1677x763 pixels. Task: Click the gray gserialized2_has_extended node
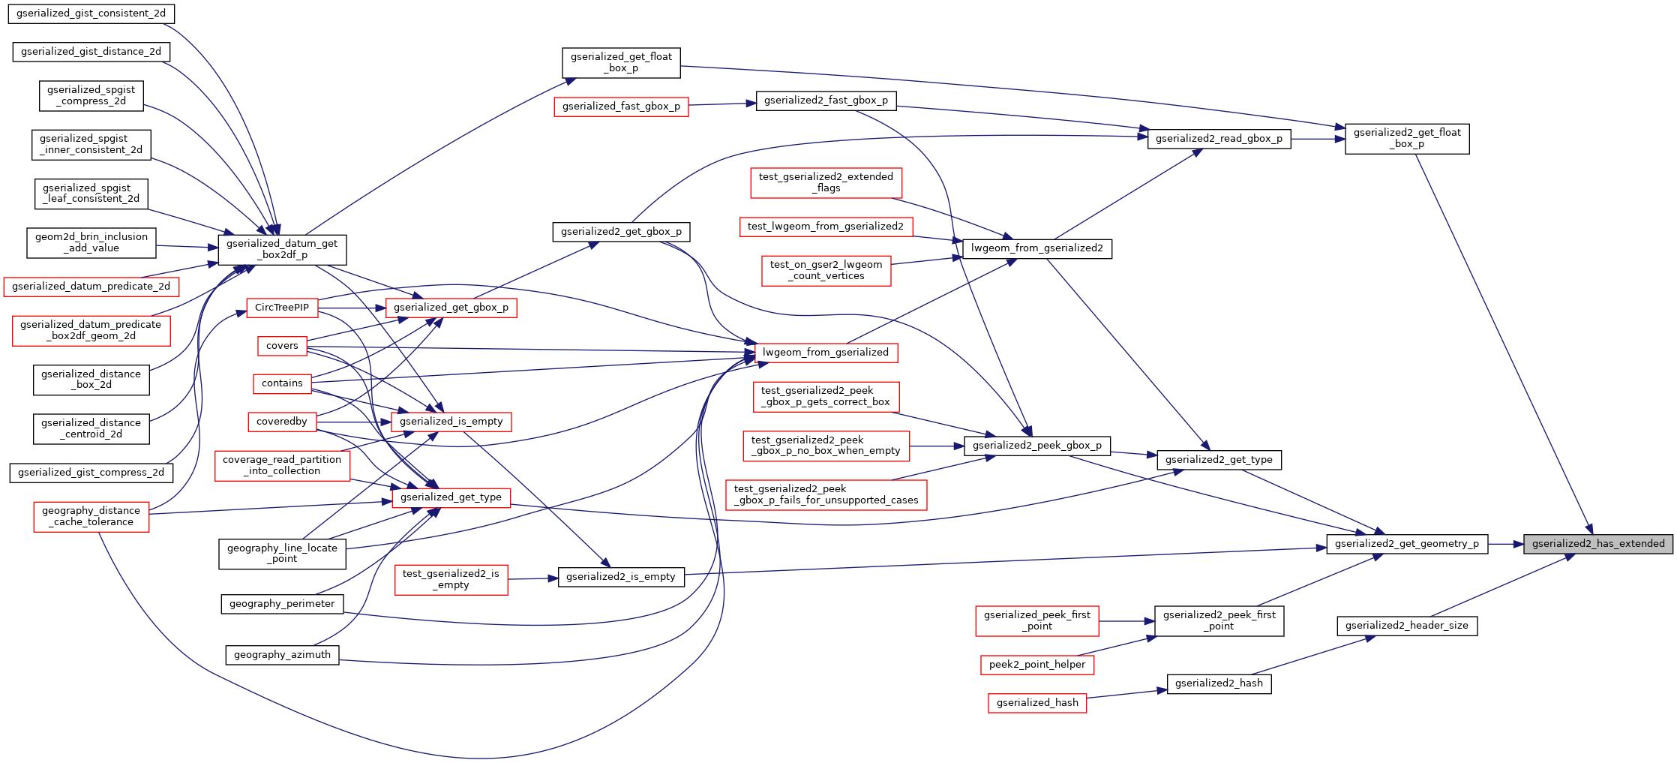(x=1597, y=544)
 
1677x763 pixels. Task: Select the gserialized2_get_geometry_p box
(x=1406, y=544)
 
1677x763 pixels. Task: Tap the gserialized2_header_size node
(x=1406, y=626)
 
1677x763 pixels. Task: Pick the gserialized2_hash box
(x=1219, y=683)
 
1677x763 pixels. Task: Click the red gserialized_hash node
(x=1036, y=703)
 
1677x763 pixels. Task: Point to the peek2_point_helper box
(x=1036, y=665)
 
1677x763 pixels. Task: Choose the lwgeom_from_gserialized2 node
(x=1036, y=248)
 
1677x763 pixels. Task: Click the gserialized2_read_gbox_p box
(x=1219, y=139)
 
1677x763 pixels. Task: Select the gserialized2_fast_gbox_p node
(x=826, y=101)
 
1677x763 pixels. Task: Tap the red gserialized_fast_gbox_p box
(x=621, y=107)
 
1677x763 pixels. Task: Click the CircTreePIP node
(x=282, y=308)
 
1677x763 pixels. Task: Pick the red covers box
(x=282, y=346)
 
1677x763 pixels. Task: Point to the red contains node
(x=282, y=383)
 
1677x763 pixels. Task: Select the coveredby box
(x=282, y=422)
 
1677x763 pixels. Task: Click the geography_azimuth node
(x=282, y=655)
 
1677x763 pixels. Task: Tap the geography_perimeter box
(x=282, y=604)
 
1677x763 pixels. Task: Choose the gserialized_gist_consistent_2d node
(x=91, y=14)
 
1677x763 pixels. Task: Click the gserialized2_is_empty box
(x=620, y=577)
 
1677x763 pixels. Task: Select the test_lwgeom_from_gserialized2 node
(x=825, y=227)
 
